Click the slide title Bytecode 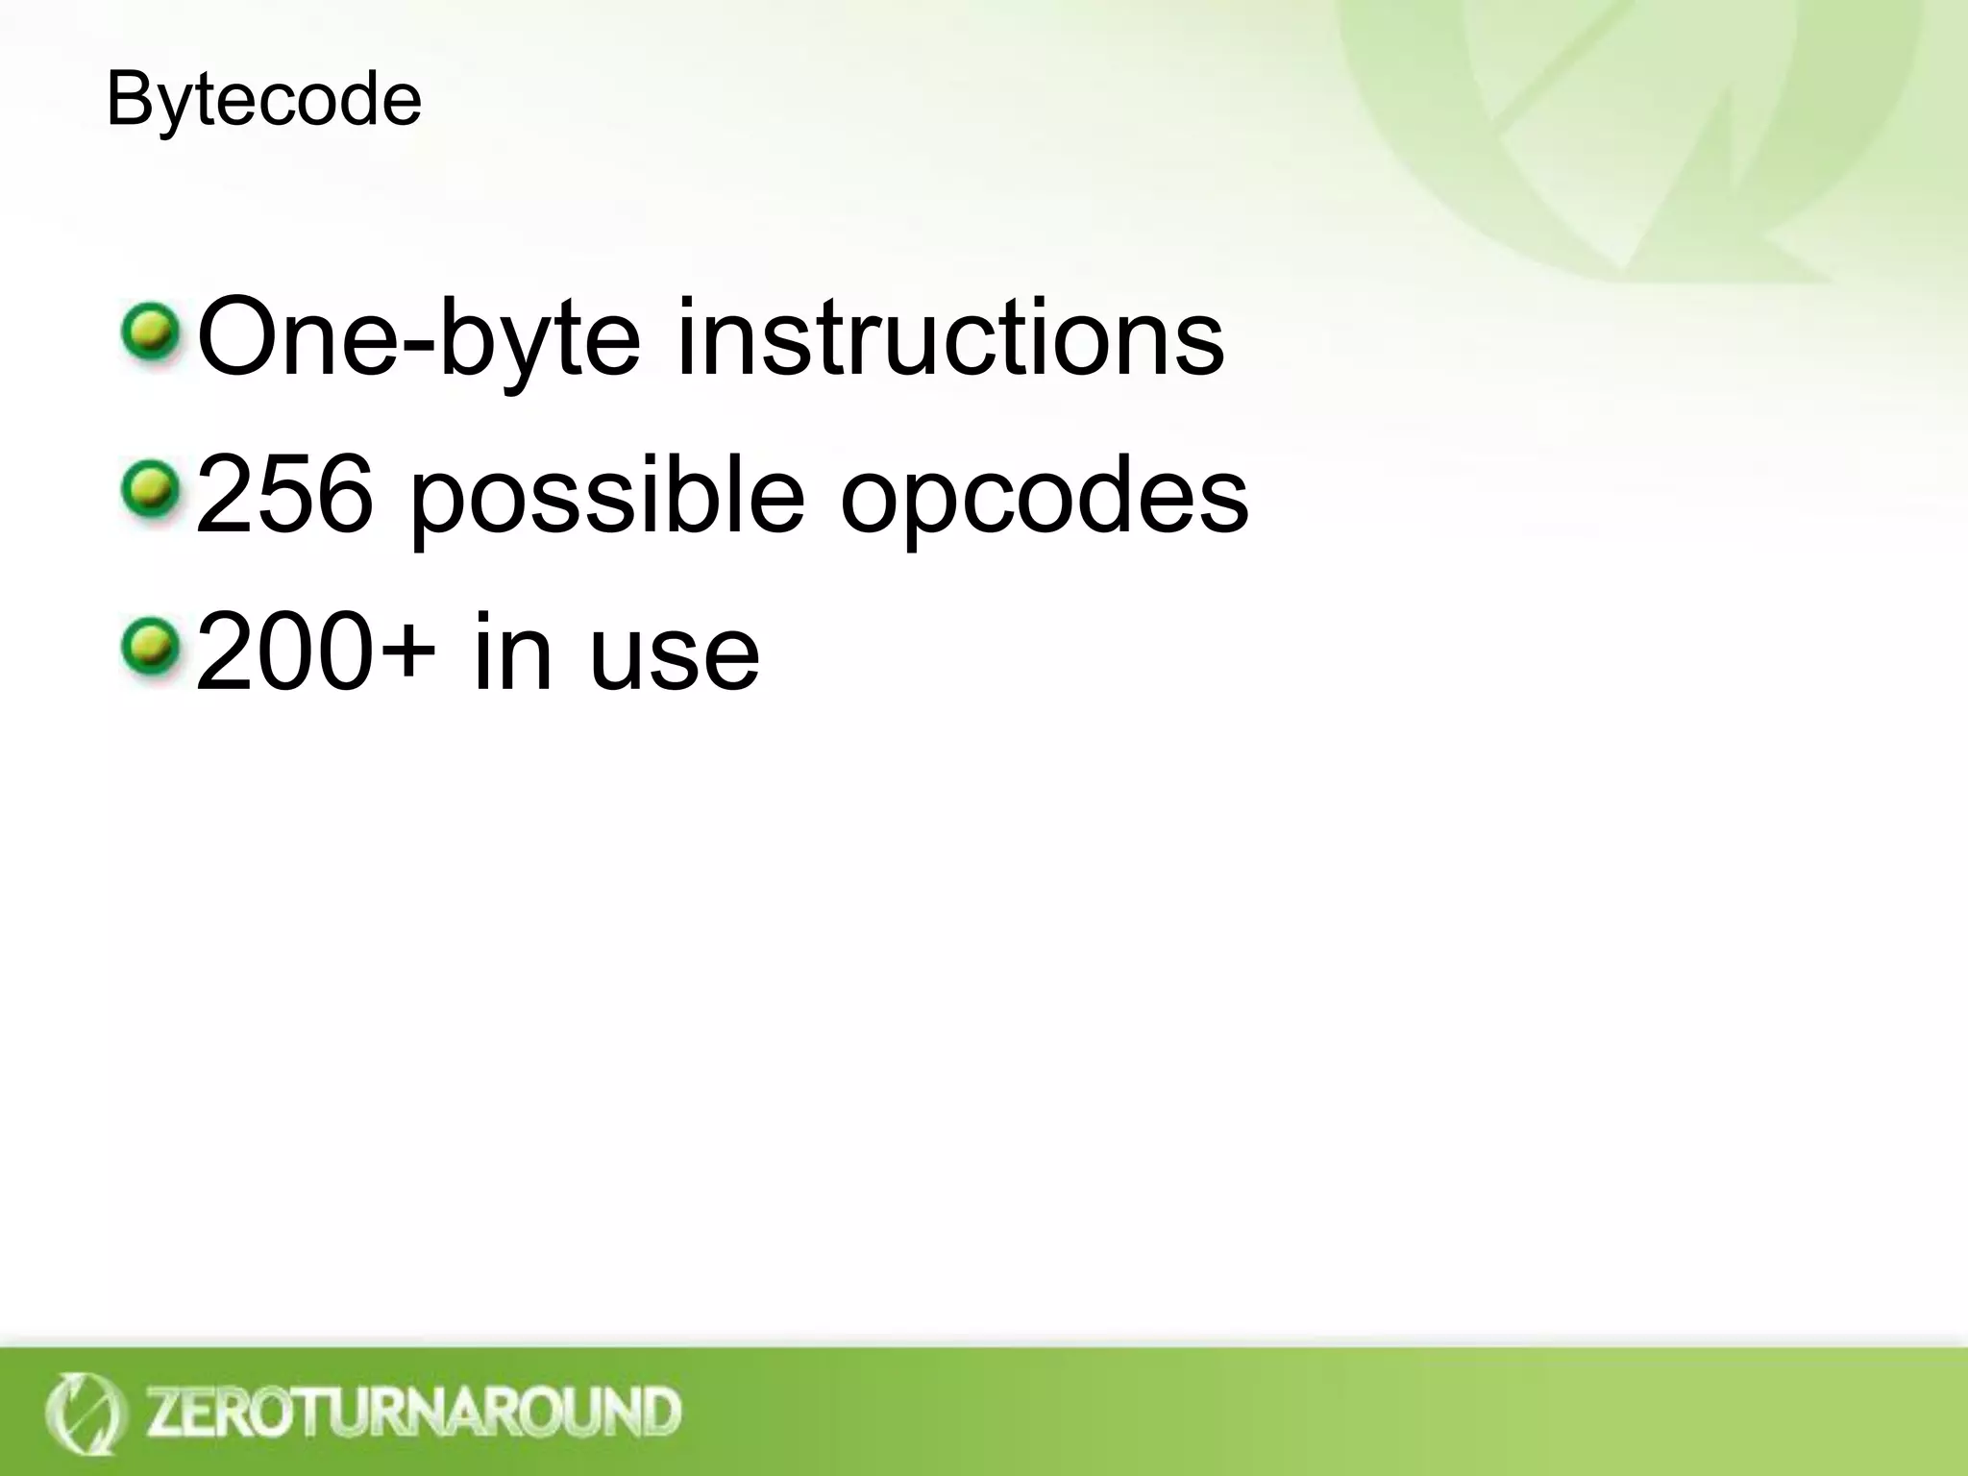point(263,100)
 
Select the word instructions point(949,336)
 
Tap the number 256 point(284,496)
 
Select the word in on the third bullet point(513,652)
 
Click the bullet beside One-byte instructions point(151,333)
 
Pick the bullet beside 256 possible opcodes point(151,491)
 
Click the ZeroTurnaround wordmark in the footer point(413,1412)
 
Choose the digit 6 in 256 point(339,496)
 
